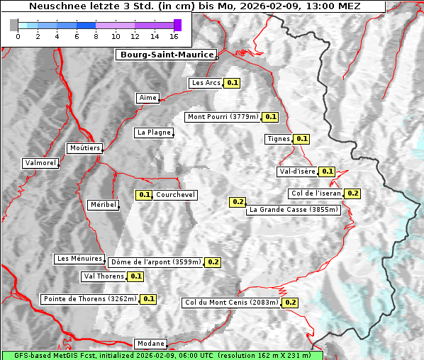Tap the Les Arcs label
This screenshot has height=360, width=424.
tap(206, 83)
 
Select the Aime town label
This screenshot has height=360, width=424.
tap(147, 98)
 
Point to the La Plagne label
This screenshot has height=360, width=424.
tap(153, 133)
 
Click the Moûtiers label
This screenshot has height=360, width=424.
tap(84, 148)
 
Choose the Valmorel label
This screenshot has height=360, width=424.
tap(40, 163)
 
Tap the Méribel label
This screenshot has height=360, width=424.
tap(103, 205)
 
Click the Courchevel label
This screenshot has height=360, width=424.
tap(175, 195)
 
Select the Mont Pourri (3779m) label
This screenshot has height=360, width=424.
tap(223, 117)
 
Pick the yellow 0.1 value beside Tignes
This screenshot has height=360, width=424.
tap(301, 139)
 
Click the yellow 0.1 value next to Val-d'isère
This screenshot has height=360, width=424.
tap(327, 171)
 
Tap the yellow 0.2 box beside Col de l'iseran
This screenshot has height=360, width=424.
tap(352, 193)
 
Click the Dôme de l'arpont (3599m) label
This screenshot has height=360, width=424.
tap(155, 262)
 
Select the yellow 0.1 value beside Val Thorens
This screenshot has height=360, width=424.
tap(135, 276)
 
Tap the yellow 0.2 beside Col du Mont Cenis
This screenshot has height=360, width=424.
tap(290, 303)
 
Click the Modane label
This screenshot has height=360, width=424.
tap(150, 344)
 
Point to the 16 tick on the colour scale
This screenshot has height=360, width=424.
tap(174, 35)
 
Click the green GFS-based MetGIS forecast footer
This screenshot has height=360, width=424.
tap(162, 355)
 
